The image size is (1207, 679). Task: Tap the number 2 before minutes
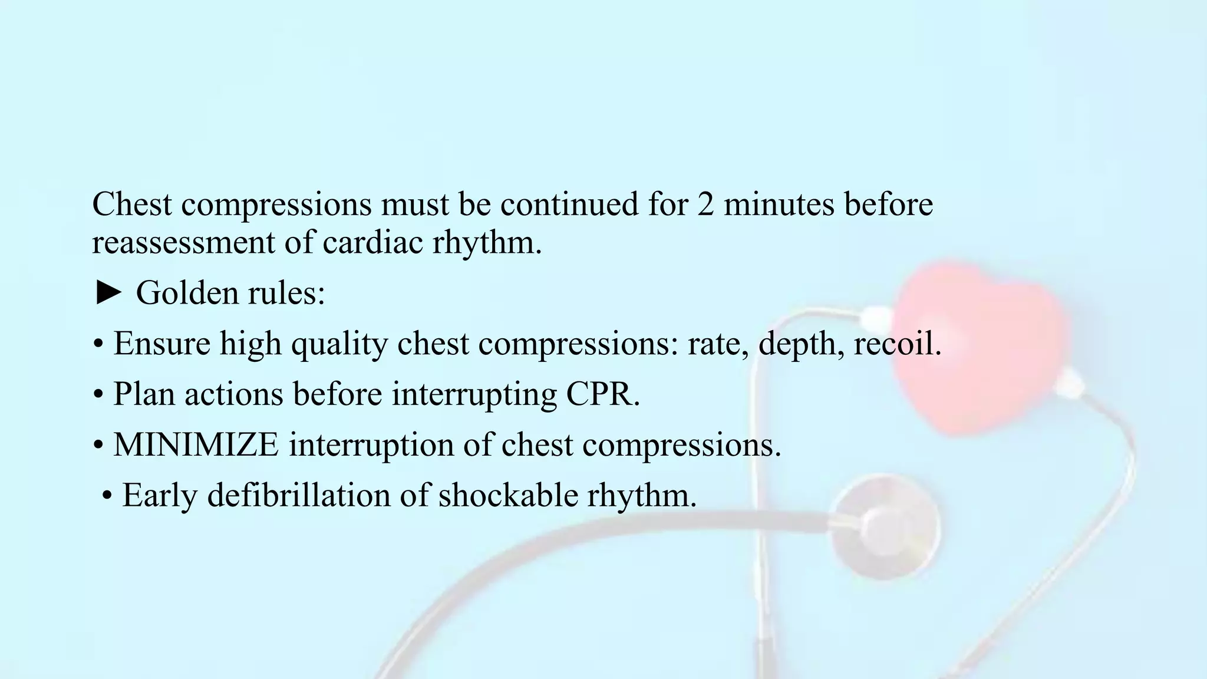point(705,205)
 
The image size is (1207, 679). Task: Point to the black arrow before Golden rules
point(108,293)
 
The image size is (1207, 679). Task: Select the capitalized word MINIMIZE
point(196,444)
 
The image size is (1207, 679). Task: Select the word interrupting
point(474,394)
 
